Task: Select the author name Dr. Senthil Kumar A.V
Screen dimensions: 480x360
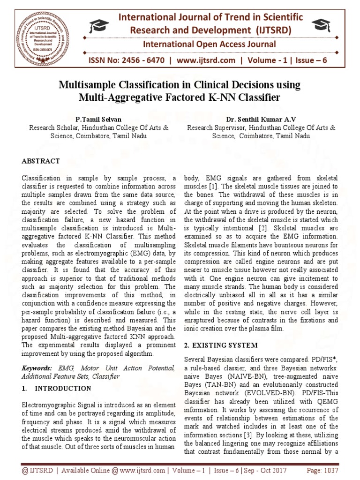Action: point(261,119)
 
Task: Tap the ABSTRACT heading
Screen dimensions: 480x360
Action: point(41,161)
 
